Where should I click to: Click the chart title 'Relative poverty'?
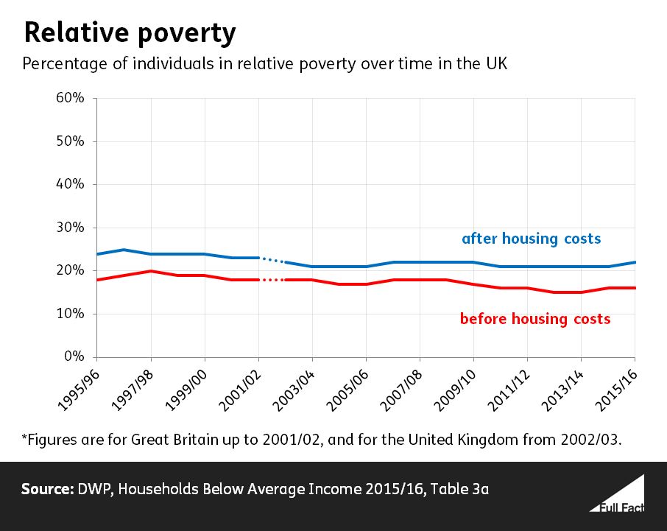(130, 33)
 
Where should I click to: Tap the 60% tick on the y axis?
(71, 99)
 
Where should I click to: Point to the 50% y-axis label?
(71, 141)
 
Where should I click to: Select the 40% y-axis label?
(71, 185)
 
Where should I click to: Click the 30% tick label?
(71, 228)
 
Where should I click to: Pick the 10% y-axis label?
(71, 314)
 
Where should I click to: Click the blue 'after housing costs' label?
(531, 239)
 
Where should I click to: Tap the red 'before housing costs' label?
(535, 319)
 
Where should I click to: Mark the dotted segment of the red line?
(272, 280)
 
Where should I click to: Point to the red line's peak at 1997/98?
(151, 271)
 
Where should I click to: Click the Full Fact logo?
(616, 495)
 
